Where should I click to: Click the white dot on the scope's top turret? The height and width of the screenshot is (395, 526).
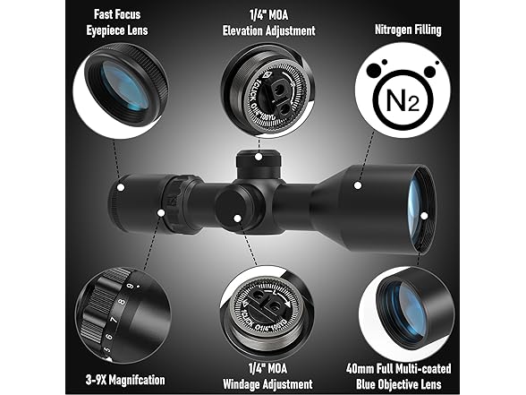click(x=259, y=157)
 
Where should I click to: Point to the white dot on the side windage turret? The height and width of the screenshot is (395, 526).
click(x=237, y=217)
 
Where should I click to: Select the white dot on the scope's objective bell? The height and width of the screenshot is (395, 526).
click(x=356, y=187)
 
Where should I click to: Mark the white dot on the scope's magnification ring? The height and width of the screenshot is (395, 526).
click(x=161, y=213)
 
